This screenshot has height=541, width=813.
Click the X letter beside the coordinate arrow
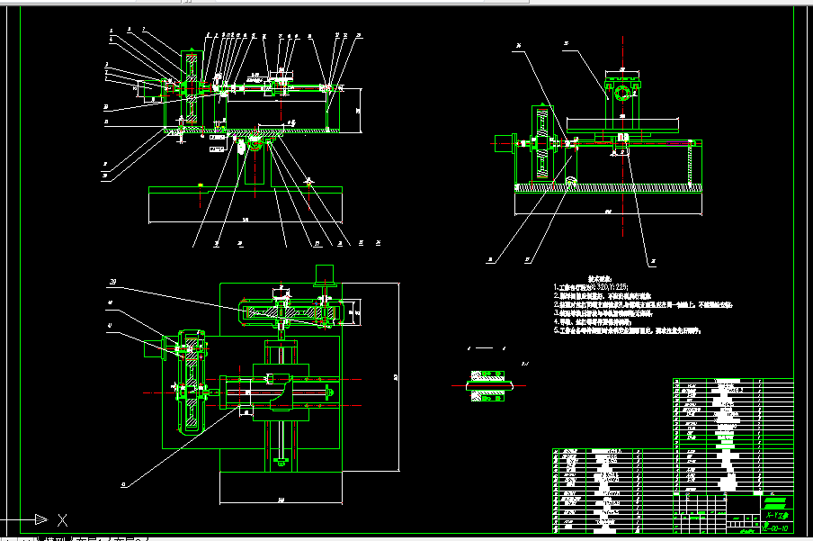point(62,519)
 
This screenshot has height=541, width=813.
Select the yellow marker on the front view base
point(199,187)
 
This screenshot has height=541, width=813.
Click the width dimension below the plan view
point(281,500)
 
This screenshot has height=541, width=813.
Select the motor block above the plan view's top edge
point(324,274)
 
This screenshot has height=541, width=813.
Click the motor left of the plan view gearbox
point(151,348)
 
